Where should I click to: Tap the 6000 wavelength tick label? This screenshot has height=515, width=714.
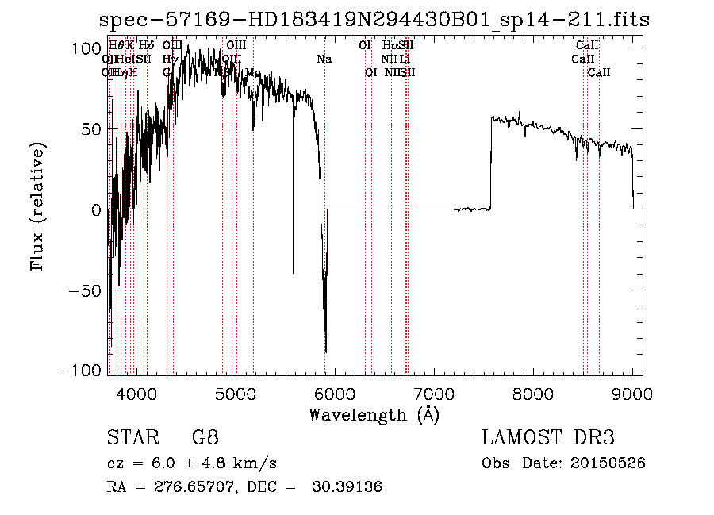click(334, 393)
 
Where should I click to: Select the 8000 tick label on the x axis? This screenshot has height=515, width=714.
click(532, 393)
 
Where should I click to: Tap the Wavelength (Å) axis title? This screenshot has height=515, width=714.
click(374, 414)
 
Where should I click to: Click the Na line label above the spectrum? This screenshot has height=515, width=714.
click(324, 60)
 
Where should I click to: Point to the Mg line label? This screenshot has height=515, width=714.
click(253, 73)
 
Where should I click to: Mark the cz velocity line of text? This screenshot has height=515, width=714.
click(191, 463)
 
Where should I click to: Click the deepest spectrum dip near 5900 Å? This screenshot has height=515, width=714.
click(325, 349)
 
